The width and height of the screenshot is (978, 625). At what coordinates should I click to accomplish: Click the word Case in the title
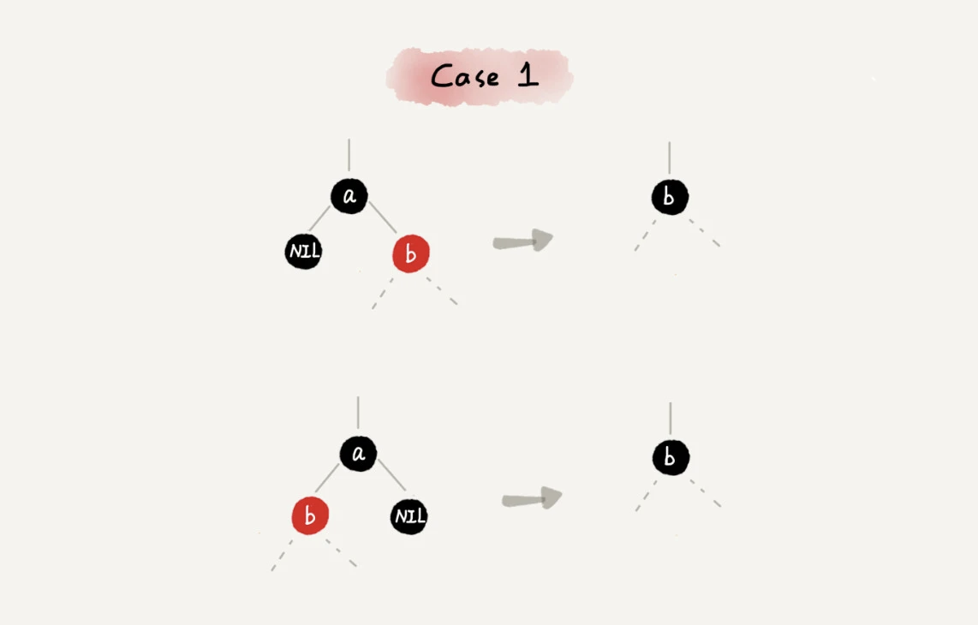(465, 77)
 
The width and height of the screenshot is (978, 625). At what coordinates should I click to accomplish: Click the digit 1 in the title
(528, 74)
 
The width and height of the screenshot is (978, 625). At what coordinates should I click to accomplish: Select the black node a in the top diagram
(349, 196)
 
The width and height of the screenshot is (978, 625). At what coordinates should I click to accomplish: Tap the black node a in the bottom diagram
(358, 454)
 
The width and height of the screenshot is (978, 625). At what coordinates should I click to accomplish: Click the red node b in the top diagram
(411, 253)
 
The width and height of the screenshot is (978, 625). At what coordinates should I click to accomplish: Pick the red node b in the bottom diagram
(310, 516)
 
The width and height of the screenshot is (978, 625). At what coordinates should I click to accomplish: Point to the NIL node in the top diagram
(304, 252)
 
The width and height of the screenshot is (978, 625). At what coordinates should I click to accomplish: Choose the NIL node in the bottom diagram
(409, 516)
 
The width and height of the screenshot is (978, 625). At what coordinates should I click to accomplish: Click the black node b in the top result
(670, 197)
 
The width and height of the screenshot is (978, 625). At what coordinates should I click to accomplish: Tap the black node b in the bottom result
(671, 457)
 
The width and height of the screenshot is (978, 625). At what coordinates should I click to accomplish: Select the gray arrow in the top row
(522, 240)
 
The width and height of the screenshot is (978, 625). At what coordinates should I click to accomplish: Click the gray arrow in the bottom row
(532, 497)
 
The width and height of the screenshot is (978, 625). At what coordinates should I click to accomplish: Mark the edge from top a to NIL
(319, 219)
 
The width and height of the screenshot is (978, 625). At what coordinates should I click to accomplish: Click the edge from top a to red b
(382, 217)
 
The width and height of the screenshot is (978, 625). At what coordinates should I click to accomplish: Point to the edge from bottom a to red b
(327, 478)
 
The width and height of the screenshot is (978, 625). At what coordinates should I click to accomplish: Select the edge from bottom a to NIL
(391, 475)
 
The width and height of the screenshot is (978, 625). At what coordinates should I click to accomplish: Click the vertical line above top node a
(349, 155)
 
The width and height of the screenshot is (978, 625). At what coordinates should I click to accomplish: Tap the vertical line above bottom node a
(358, 413)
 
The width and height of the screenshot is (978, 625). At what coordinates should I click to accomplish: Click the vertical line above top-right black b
(670, 158)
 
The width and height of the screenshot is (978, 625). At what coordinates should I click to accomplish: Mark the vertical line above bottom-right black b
(671, 419)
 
